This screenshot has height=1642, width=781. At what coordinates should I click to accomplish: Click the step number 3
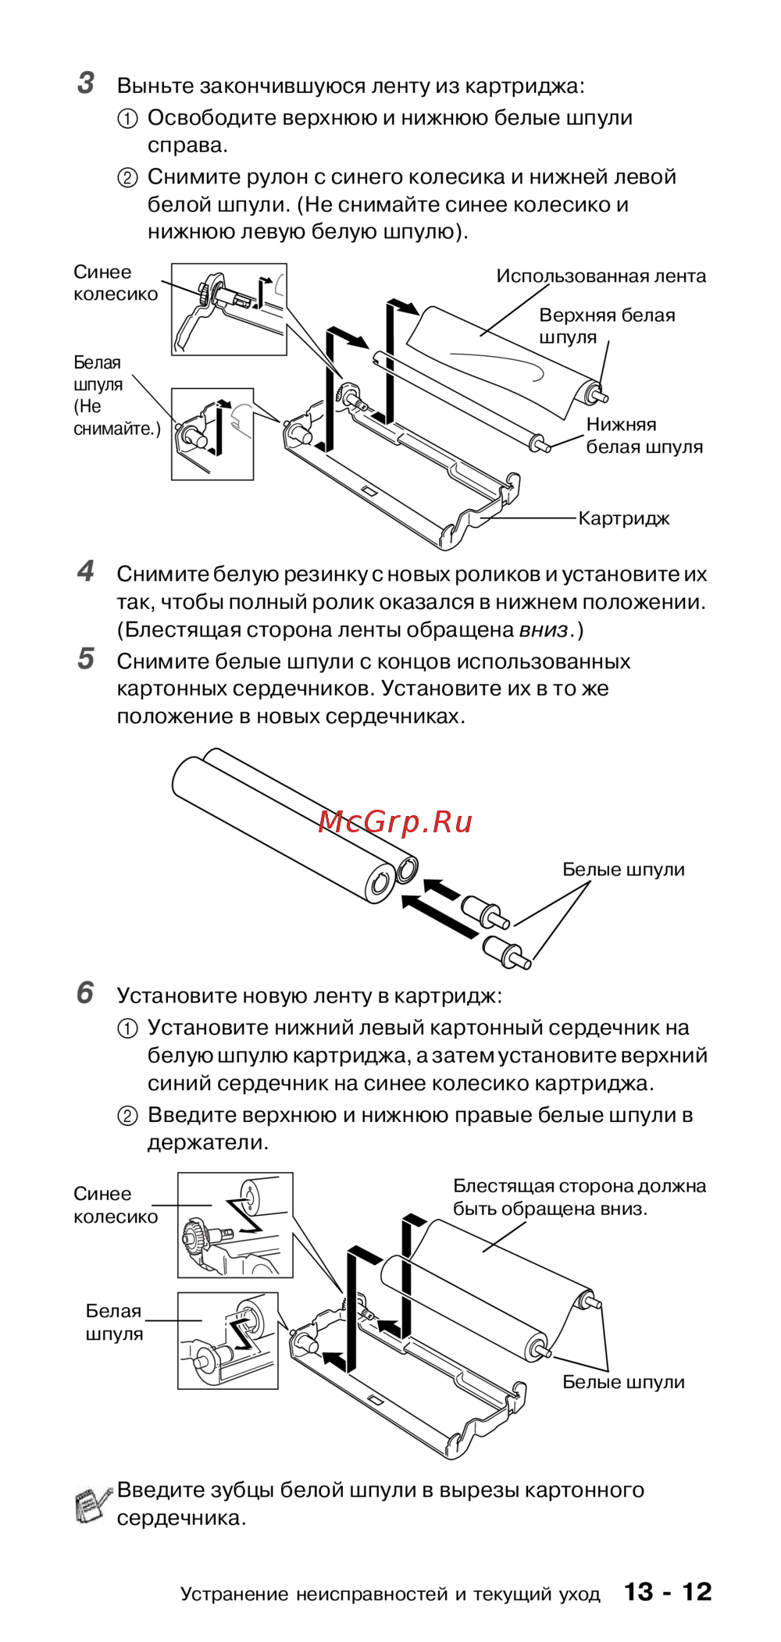pyautogui.click(x=86, y=83)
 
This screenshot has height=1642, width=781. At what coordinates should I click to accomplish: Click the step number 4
pyautogui.click(x=86, y=572)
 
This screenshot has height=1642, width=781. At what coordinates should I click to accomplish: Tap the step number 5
pyautogui.click(x=86, y=659)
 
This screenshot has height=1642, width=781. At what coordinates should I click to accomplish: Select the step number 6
pyautogui.click(x=85, y=993)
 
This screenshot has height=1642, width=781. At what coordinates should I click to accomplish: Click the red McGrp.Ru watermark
pyautogui.click(x=395, y=822)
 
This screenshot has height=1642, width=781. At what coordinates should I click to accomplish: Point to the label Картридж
pyautogui.click(x=623, y=518)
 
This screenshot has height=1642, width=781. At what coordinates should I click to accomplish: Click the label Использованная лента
pyautogui.click(x=601, y=276)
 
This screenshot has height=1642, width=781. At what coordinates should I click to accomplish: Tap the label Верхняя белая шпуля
pyautogui.click(x=606, y=326)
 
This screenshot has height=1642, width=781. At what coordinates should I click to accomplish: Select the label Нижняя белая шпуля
pyautogui.click(x=644, y=436)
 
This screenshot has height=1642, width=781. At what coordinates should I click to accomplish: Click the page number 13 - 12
pyautogui.click(x=668, y=1591)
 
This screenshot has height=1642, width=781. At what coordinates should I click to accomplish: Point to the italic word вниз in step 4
pyautogui.click(x=543, y=630)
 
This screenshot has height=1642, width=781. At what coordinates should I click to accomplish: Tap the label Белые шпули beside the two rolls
pyautogui.click(x=623, y=869)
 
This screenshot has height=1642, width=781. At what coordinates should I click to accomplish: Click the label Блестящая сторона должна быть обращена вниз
pyautogui.click(x=579, y=1197)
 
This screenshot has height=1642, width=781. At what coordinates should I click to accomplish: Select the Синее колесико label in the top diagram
pyautogui.click(x=115, y=283)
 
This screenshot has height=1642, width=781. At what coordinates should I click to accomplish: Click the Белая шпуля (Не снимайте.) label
pyautogui.click(x=116, y=395)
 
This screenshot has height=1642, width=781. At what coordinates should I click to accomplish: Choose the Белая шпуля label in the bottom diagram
pyautogui.click(x=114, y=1322)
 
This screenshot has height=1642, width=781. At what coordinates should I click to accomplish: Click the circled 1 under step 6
pyautogui.click(x=127, y=1028)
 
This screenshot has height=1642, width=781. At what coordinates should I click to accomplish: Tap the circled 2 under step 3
pyautogui.click(x=127, y=178)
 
